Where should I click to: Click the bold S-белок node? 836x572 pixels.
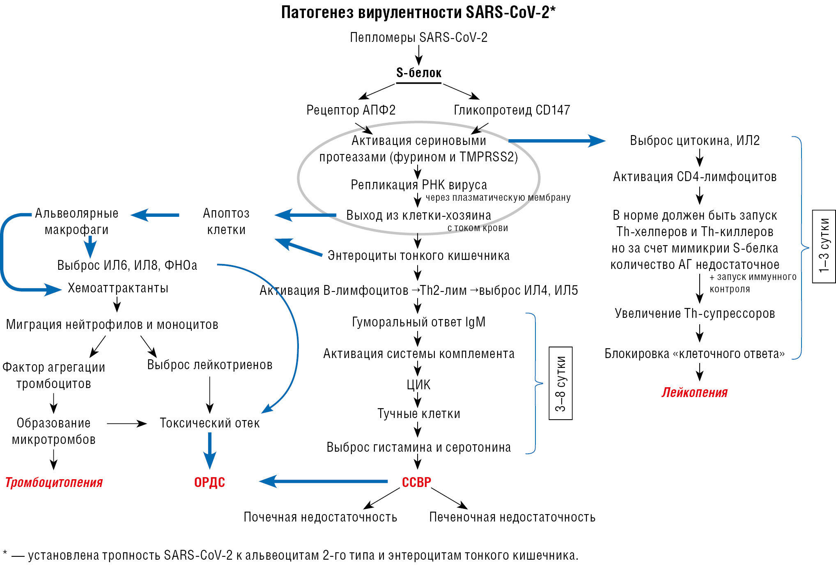418,73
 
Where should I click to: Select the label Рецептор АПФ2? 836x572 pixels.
351,110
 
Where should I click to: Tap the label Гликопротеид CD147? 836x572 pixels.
512,110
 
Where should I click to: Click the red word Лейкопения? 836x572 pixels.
694,393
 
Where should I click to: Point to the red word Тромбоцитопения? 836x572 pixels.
54,482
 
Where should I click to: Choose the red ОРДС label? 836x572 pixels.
209,482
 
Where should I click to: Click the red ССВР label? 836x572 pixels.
416,482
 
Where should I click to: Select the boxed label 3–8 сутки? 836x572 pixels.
560,383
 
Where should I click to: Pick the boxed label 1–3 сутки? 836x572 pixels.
824,246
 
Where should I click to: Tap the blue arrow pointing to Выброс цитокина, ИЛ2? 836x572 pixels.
556,141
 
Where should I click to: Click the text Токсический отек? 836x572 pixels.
209,423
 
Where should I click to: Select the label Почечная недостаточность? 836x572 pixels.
320,517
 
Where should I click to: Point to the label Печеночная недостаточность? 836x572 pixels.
512,517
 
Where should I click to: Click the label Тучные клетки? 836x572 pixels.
418,414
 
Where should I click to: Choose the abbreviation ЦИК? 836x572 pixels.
418,385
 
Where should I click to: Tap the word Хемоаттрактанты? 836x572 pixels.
118,288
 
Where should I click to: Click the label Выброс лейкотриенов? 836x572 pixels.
209,365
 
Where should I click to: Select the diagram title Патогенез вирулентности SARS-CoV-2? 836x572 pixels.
418,13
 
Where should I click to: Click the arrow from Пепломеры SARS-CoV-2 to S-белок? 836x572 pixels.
418,55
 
